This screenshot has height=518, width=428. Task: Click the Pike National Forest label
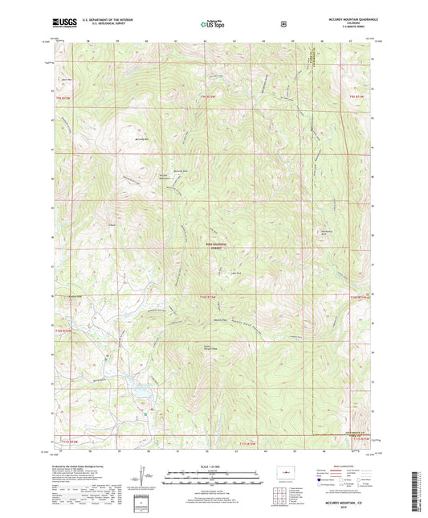point(218,246)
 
